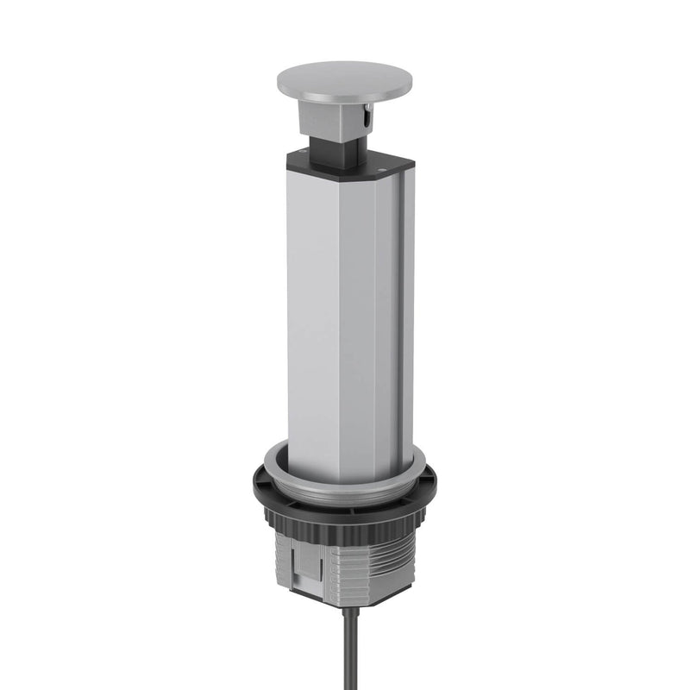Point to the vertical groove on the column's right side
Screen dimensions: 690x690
click(398, 319)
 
